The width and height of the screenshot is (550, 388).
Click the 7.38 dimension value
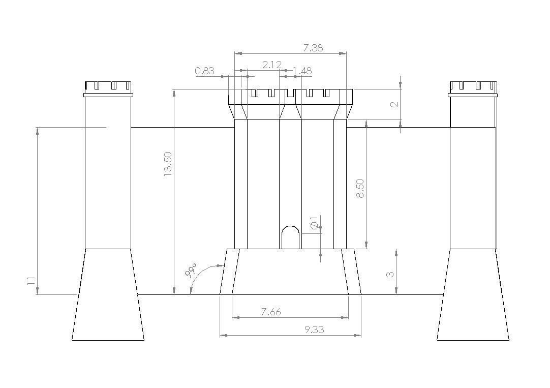313,48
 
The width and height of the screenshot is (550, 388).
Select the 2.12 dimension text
272,65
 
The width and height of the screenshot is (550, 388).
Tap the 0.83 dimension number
204,71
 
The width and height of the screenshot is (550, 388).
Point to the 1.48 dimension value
302,71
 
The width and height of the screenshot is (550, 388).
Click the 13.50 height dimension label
168,164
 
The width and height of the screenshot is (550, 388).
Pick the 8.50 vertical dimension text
360,188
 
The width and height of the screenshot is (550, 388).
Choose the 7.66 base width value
271,312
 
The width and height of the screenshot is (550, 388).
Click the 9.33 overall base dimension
314,330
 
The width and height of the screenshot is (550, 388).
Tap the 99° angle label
191,271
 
